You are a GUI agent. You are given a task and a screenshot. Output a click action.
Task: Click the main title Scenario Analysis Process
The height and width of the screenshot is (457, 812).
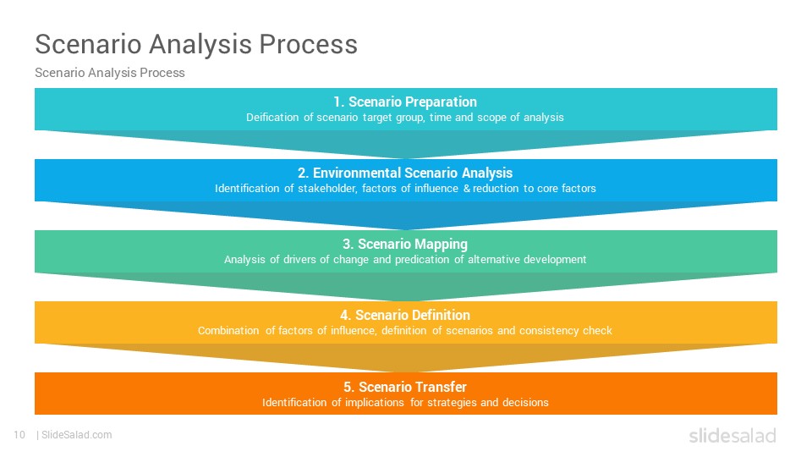196,44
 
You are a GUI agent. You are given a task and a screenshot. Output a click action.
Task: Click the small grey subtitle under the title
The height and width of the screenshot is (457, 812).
110,73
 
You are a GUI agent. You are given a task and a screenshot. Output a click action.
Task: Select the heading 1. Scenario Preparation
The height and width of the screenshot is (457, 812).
405,102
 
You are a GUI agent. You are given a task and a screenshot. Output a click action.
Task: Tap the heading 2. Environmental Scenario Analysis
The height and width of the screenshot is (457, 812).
405,173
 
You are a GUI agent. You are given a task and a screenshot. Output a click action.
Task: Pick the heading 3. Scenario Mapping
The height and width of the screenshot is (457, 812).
405,244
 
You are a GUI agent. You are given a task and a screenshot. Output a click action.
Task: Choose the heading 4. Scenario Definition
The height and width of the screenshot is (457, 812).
405,315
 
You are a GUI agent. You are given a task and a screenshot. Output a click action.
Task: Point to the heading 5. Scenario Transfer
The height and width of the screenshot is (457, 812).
405,387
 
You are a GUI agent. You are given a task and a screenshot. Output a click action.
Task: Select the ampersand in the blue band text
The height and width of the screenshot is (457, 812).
467,189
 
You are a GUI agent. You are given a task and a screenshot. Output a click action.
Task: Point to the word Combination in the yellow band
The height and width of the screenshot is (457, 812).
228,331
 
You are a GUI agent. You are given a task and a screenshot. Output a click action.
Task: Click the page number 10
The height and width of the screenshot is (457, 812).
19,435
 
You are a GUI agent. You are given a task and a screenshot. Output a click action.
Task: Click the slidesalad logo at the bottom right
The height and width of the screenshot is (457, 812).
732,435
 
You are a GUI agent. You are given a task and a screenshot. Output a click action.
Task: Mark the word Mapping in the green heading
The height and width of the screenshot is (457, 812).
439,245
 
